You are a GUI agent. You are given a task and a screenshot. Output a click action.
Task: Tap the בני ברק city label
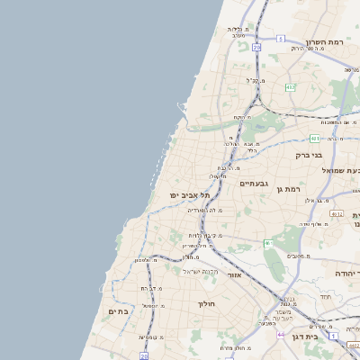[x=309, y=155]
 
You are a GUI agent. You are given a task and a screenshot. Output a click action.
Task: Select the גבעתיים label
[x=254, y=183]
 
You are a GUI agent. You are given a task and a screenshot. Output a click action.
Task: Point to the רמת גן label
[x=286, y=190]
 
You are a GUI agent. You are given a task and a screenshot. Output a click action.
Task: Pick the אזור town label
[x=235, y=275]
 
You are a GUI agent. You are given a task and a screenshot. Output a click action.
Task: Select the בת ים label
[x=119, y=311]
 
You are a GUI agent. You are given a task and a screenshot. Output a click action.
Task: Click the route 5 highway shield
[x=281, y=39]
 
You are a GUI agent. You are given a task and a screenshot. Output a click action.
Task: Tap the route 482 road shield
[x=291, y=87]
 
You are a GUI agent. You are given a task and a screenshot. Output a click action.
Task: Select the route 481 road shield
[x=314, y=139]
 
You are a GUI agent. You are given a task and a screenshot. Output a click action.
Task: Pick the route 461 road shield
[x=268, y=243]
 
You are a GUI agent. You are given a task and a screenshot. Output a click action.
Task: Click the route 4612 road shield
[x=337, y=214]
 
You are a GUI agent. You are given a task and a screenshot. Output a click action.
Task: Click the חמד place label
[x=325, y=296]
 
